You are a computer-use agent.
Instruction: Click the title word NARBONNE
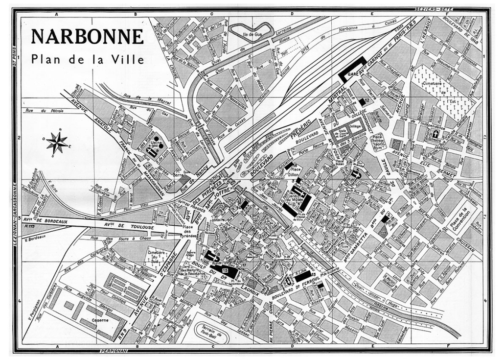point(87,37)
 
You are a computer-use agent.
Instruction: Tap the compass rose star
point(58,142)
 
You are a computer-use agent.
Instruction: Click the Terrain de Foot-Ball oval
point(213,333)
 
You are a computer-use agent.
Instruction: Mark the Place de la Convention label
point(458,219)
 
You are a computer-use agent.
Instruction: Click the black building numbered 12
point(363,101)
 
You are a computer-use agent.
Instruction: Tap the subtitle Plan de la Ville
point(87,59)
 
